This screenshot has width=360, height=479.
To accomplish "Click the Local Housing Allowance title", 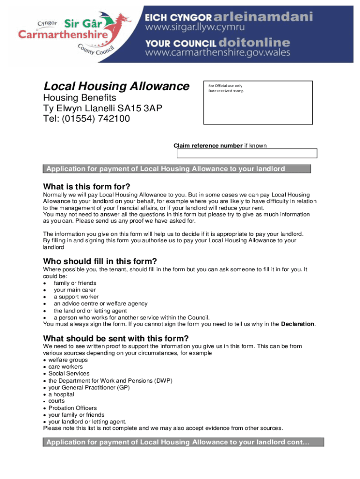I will click(x=116, y=87).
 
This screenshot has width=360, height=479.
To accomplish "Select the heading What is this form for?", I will click(x=86, y=186).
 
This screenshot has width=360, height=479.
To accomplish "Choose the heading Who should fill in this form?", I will click(x=100, y=261).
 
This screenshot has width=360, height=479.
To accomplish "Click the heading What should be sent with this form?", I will click(x=116, y=338).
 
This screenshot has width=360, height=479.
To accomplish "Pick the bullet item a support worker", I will click(x=76, y=297).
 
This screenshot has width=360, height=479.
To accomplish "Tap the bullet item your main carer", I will click(x=75, y=290).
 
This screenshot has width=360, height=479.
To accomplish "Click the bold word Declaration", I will click(x=298, y=324).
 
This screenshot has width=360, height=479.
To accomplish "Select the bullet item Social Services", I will click(x=69, y=374).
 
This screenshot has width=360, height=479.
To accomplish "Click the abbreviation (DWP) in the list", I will click(x=163, y=381).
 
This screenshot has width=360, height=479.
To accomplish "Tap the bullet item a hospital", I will click(x=62, y=394).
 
